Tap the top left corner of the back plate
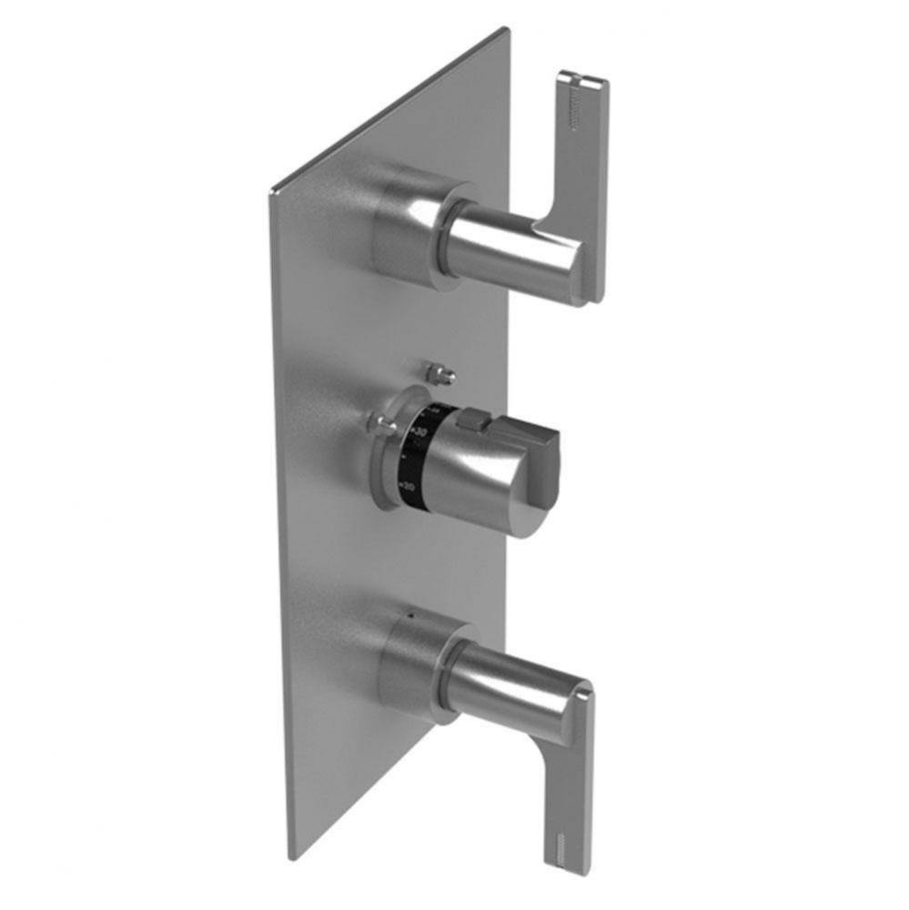pyautogui.click(x=271, y=192)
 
